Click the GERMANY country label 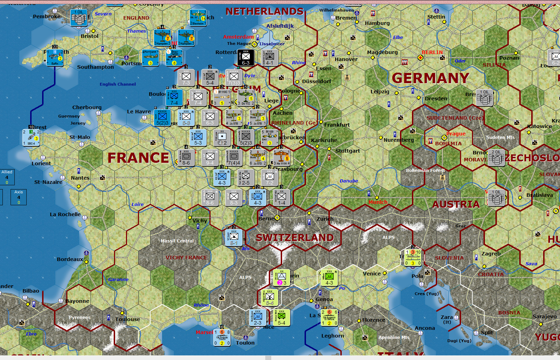tap(430, 78)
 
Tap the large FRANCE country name tap(138, 158)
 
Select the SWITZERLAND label tap(295, 238)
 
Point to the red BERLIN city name tap(432, 52)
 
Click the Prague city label tap(456, 134)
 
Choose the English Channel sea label tap(118, 84)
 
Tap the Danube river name tap(349, 181)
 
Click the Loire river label tap(138, 205)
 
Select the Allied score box tap(7, 177)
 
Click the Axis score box tap(19, 197)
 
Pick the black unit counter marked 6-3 tap(246, 58)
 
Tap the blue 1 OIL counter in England tap(79, 18)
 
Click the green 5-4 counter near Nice tap(282, 318)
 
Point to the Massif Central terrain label tap(177, 241)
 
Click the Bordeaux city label tap(70, 259)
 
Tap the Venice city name tap(372, 274)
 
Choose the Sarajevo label tap(545, 316)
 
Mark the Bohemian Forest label tap(425, 171)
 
